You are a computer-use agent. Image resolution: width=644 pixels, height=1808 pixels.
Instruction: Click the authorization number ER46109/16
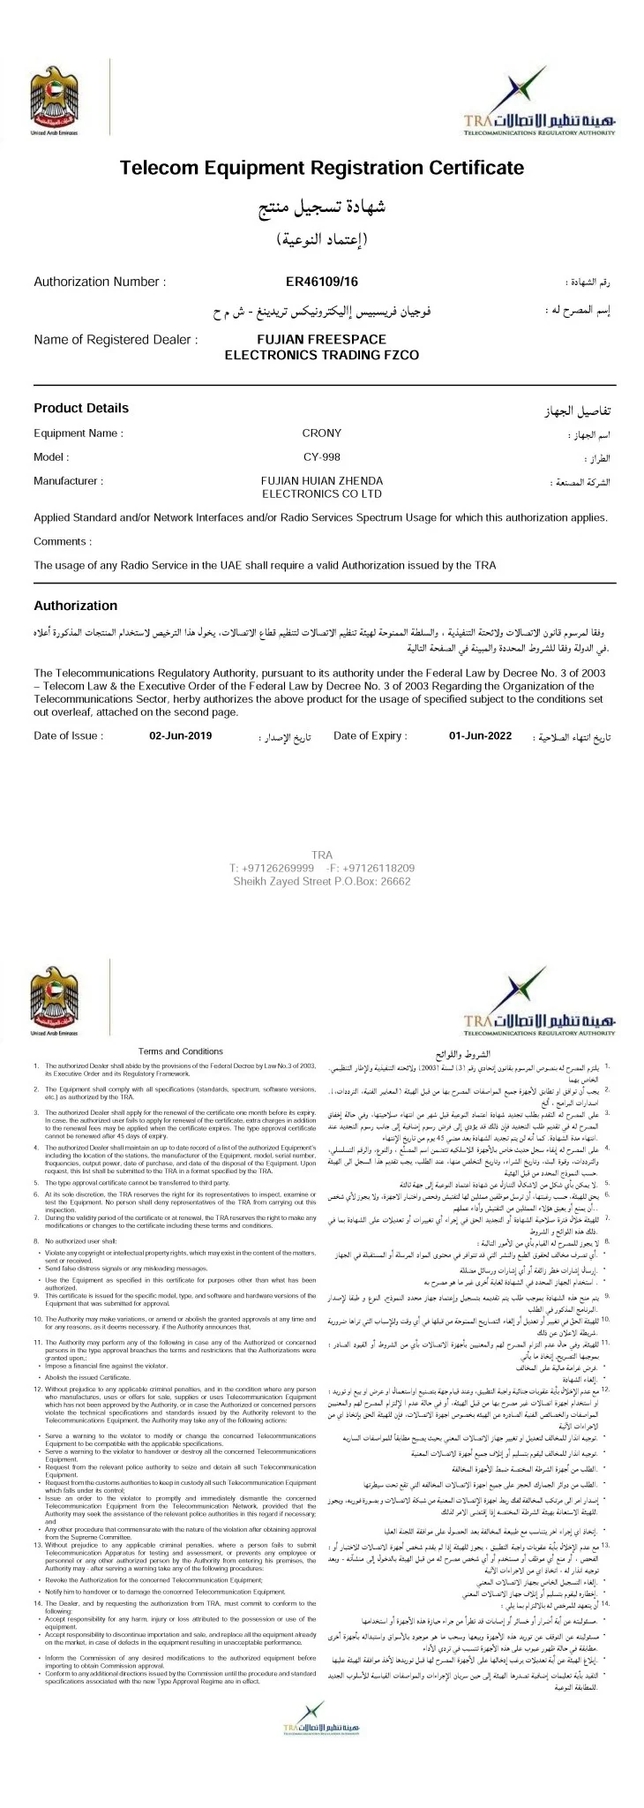coord(322,282)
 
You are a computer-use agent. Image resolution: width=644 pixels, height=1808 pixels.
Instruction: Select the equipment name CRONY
coord(322,433)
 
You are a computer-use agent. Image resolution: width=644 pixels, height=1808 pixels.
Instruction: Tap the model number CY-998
coord(322,457)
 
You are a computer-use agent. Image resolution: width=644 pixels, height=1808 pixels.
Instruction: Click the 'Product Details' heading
coord(81,408)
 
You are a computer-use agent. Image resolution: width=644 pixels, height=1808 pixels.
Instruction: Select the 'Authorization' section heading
coord(75,606)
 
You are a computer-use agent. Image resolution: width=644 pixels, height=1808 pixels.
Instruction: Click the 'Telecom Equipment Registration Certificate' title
coord(322,168)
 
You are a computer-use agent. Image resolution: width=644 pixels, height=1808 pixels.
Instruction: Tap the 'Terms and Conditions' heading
coord(181,1051)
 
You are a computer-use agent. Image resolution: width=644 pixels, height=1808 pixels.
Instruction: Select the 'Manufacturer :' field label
coord(69,481)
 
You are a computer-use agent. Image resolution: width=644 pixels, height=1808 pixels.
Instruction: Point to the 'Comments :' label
coord(63,541)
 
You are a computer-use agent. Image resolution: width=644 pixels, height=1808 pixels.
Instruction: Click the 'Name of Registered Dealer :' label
coord(116,339)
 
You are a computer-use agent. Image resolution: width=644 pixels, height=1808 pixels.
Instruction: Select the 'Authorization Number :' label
coord(99,282)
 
